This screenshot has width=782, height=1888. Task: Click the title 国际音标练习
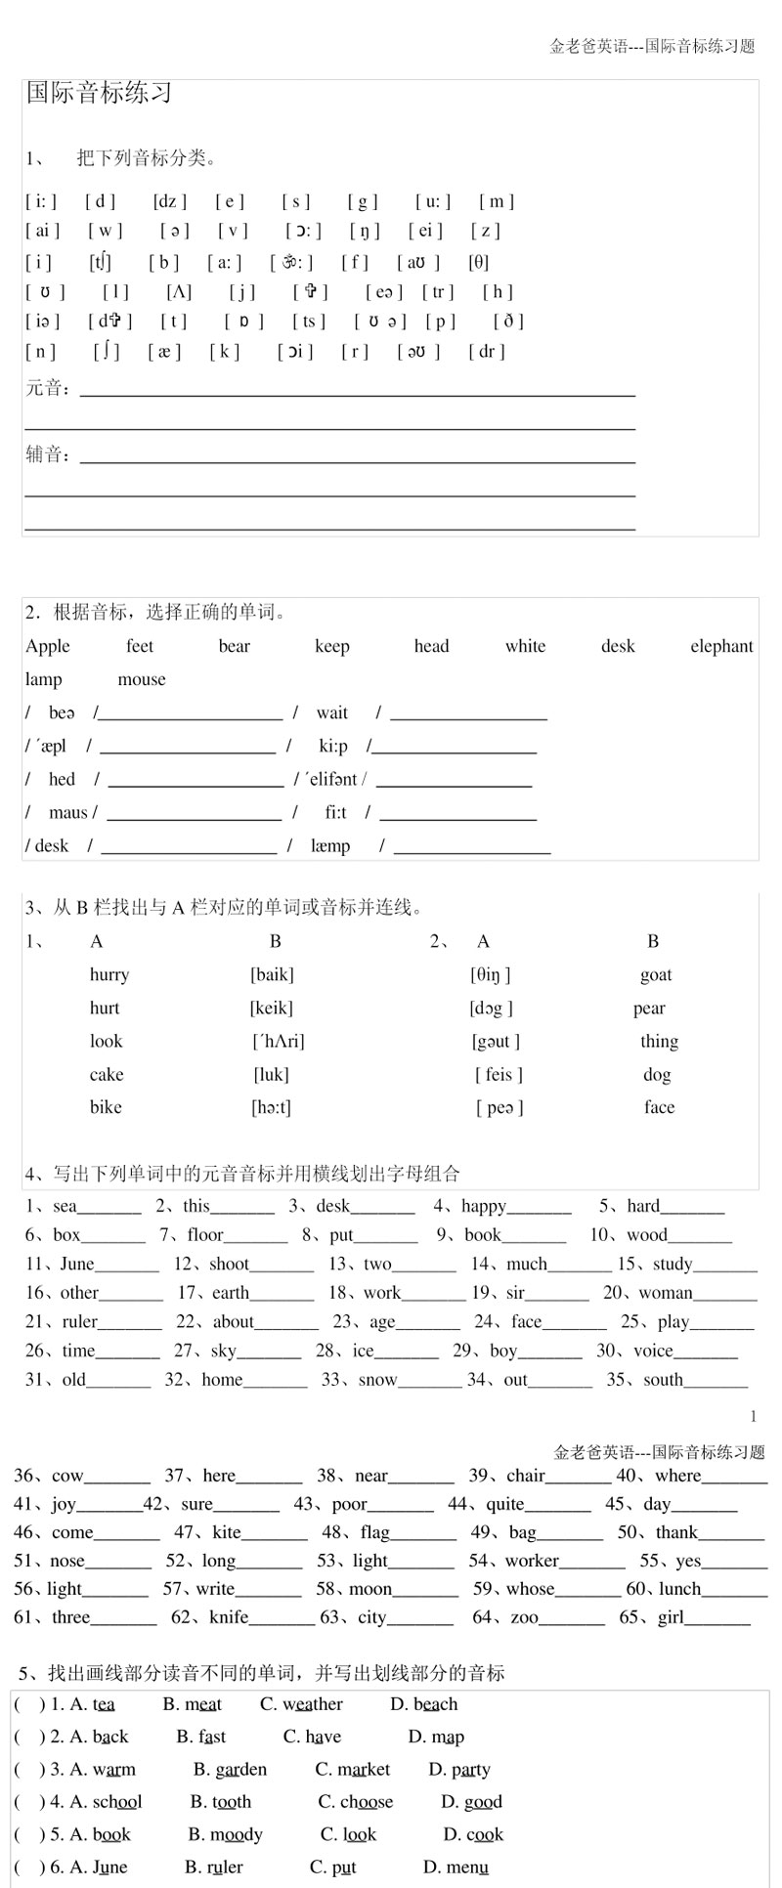tap(99, 93)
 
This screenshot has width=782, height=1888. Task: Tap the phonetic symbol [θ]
tap(478, 262)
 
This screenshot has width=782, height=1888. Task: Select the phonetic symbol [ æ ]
tap(164, 352)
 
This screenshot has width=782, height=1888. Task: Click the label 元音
tap(46, 389)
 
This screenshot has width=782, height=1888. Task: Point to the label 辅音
tap(46, 454)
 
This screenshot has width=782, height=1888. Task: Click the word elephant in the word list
tap(721, 646)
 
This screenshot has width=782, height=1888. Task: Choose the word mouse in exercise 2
tap(142, 679)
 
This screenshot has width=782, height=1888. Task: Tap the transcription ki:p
tap(333, 746)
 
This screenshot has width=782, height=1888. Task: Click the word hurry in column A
tap(109, 974)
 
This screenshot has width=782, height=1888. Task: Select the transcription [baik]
tap(272, 974)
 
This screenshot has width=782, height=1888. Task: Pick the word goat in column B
tap(656, 974)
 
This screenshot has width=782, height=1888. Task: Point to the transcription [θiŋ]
tap(491, 974)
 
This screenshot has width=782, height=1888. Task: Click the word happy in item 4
tap(484, 1206)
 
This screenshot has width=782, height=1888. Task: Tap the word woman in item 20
tap(666, 1293)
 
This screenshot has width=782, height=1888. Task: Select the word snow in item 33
tap(377, 1380)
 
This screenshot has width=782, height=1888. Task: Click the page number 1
tap(753, 1416)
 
